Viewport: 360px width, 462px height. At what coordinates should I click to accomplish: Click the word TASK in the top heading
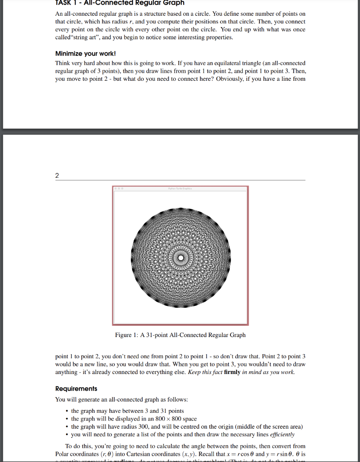(x=64, y=3)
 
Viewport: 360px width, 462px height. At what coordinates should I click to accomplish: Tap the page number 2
(x=57, y=176)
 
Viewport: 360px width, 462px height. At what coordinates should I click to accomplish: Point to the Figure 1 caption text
(x=180, y=335)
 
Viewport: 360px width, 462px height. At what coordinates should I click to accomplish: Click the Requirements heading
(x=76, y=388)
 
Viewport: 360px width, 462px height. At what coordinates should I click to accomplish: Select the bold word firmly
(x=232, y=372)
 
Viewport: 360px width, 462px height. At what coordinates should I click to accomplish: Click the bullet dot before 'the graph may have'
(x=67, y=411)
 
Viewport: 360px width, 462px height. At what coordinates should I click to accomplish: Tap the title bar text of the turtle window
(x=180, y=189)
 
